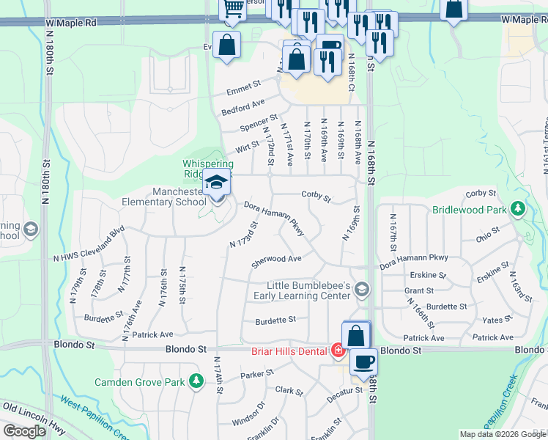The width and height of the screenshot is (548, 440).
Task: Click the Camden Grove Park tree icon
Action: [196, 381]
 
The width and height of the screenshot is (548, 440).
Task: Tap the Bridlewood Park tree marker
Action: [519, 209]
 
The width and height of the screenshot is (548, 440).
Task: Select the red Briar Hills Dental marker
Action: [338, 351]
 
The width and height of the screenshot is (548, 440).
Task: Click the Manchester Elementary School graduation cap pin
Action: [217, 183]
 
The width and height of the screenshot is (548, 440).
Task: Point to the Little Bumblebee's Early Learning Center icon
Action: [361, 290]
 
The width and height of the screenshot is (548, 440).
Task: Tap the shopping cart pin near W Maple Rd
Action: [234, 9]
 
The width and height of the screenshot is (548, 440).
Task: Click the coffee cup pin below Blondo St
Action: [363, 361]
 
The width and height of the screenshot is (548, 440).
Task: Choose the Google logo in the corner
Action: [24, 431]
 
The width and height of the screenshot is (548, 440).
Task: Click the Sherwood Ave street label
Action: [276, 260]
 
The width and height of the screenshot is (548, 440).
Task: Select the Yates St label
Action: [497, 320]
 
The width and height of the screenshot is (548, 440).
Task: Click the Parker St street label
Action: [257, 374]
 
